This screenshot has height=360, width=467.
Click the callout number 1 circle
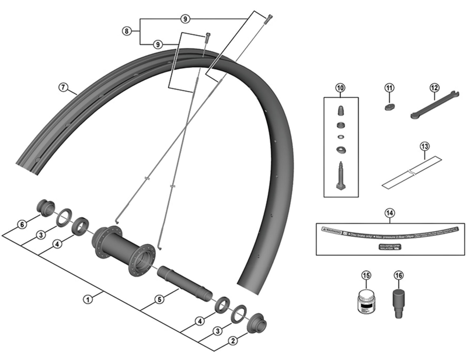[88, 299]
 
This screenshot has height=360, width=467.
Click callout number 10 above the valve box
[340, 88]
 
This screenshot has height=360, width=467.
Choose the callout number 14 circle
[389, 212]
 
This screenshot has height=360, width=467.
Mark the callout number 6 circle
[22, 225]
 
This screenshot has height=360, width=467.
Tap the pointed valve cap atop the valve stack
[340, 111]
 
